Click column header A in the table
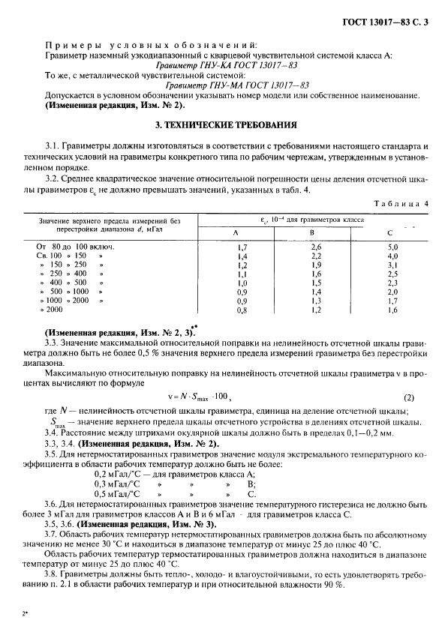click(x=241, y=232)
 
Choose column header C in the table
click(x=392, y=232)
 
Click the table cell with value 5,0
click(x=392, y=246)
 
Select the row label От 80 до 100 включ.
click(x=72, y=246)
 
